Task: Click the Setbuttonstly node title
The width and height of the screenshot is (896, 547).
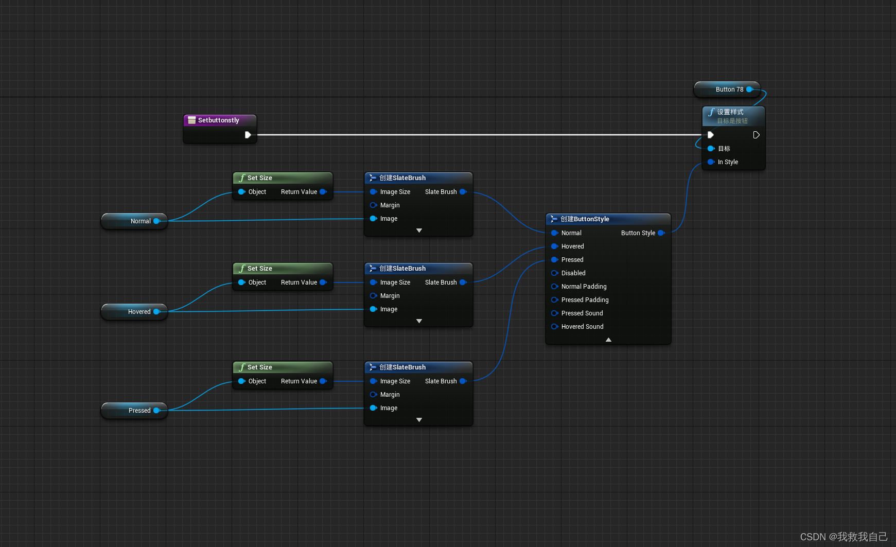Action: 218,120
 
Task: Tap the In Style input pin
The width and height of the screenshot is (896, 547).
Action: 711,162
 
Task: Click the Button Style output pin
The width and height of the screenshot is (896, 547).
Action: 661,233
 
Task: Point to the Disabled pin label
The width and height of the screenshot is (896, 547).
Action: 573,273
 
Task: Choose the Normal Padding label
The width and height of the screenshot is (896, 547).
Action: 584,287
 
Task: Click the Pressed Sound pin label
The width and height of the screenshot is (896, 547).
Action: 582,313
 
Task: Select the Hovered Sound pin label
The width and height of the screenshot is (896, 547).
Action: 582,327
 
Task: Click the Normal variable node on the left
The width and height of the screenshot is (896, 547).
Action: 135,221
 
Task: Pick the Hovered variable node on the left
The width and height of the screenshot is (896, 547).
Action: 135,312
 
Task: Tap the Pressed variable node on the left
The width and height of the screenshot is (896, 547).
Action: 135,411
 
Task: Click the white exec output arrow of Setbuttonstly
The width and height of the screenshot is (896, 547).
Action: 248,135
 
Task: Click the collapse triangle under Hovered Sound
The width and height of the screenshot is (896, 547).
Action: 608,340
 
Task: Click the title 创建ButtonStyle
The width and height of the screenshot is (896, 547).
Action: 585,219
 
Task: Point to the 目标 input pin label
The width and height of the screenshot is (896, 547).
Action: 724,149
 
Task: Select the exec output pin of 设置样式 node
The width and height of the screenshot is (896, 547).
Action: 756,135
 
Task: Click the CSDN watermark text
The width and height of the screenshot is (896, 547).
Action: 844,537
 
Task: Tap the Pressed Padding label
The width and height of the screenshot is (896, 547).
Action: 585,300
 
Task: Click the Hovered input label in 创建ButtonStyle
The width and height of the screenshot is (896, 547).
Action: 572,246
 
